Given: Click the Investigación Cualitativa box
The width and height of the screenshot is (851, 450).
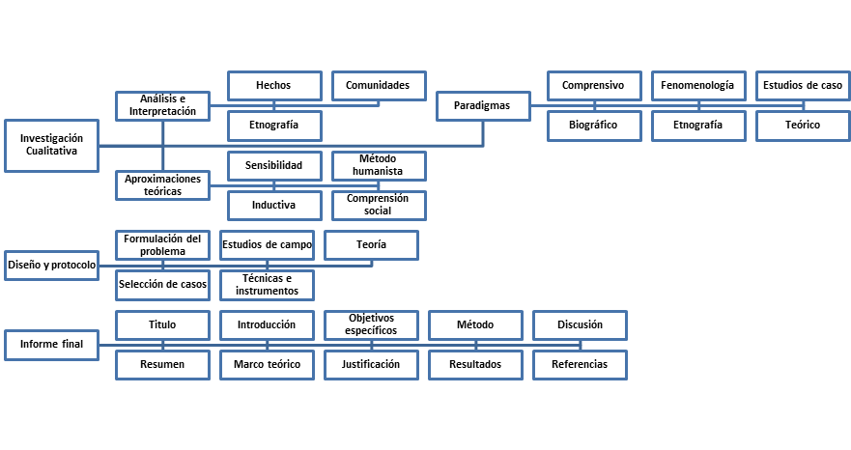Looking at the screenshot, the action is click(x=51, y=146).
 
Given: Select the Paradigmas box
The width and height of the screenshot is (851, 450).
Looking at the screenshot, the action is click(x=483, y=106).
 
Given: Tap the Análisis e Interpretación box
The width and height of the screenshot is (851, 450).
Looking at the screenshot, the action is click(x=163, y=106).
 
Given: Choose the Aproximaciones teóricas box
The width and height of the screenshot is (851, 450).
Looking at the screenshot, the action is click(x=163, y=185).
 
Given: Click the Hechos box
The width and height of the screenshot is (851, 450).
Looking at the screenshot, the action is click(x=274, y=86).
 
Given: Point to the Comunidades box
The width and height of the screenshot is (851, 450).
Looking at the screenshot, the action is click(x=379, y=86).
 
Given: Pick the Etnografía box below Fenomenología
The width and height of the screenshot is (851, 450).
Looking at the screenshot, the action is click(x=698, y=126).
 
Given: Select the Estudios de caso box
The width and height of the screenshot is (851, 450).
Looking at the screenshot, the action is click(x=804, y=86).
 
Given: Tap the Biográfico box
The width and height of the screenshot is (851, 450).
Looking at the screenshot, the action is click(x=594, y=126).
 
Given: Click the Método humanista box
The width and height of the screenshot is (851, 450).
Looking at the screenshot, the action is click(x=379, y=165).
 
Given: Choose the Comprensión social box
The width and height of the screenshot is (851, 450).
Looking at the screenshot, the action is click(x=379, y=205).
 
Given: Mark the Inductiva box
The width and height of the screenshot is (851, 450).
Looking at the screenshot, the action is click(x=274, y=205).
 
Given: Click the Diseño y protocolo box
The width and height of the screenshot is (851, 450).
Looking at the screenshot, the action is click(x=51, y=266).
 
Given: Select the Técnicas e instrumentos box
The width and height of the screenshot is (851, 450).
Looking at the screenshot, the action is click(x=267, y=285).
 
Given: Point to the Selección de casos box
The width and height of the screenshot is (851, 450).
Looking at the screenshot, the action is click(x=163, y=285).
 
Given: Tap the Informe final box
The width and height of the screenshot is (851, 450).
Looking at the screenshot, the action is click(x=51, y=345).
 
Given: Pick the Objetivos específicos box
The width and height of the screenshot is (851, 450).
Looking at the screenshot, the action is click(x=371, y=325).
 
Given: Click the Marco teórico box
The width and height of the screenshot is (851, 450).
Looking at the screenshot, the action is click(x=267, y=365).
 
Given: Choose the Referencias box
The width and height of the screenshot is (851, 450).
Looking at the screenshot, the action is click(x=581, y=365).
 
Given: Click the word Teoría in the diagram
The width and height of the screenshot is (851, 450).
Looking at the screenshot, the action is click(x=371, y=245).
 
